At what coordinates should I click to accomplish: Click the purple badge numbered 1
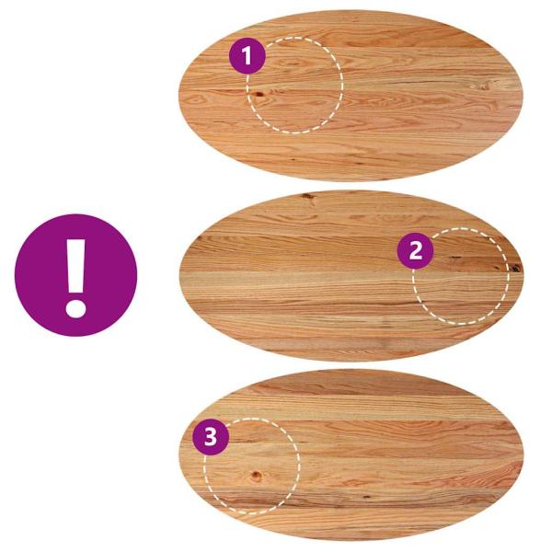[x=247, y=55]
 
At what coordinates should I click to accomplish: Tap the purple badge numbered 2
[x=416, y=250]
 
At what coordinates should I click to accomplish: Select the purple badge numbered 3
[x=211, y=436]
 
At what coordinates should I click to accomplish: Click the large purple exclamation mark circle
[x=75, y=275]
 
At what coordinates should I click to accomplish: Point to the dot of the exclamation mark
[x=75, y=308]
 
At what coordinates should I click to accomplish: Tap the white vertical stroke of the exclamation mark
[x=75, y=267]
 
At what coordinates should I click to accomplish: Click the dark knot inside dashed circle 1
[x=259, y=94]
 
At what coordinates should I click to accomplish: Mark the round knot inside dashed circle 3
[x=257, y=476]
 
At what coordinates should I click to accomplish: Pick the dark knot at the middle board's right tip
[x=516, y=268]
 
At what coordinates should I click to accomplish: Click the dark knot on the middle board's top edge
[x=307, y=196]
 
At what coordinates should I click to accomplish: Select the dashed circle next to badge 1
[x=294, y=86]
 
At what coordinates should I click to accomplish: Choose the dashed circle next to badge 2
[x=461, y=276]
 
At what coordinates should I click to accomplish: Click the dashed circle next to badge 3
[x=252, y=466]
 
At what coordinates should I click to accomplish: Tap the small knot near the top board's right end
[x=485, y=86]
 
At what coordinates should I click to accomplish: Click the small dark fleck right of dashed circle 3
[x=367, y=497]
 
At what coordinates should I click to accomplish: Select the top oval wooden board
[x=351, y=96]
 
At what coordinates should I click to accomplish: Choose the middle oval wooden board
[x=351, y=276]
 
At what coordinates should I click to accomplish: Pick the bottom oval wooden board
[x=351, y=454]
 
